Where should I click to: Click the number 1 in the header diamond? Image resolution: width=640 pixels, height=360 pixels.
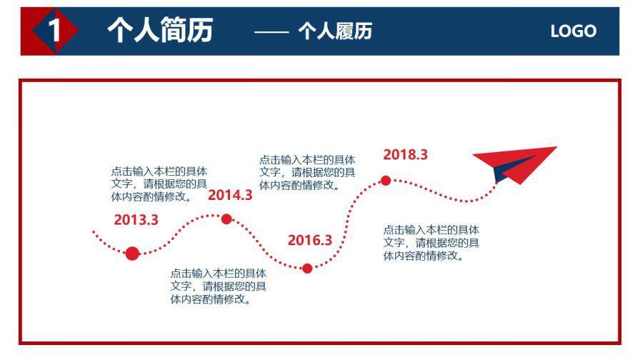click(x=53, y=31)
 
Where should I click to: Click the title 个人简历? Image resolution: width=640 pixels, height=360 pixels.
click(x=160, y=31)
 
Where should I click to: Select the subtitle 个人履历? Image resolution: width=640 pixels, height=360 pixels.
click(x=335, y=31)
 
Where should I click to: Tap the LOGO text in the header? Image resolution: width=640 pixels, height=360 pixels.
click(x=573, y=31)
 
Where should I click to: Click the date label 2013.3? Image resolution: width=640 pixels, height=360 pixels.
click(x=136, y=220)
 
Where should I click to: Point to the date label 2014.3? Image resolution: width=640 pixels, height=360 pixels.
click(x=230, y=195)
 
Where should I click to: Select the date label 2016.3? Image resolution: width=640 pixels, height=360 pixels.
click(x=310, y=240)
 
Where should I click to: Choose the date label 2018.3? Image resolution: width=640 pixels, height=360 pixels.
click(x=405, y=154)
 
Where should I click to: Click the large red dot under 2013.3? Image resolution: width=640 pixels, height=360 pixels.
click(x=132, y=253)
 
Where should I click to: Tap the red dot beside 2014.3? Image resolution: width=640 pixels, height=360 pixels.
click(x=226, y=219)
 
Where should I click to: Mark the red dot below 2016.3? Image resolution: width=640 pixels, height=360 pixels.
click(x=307, y=269)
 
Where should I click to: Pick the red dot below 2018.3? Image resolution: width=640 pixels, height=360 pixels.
click(x=386, y=181)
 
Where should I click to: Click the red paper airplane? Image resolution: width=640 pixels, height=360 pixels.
click(x=517, y=164)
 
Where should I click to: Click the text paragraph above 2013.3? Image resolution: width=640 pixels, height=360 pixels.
click(x=159, y=184)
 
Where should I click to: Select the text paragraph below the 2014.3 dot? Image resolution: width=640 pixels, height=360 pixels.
click(x=218, y=286)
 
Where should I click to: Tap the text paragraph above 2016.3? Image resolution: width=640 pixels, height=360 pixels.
click(x=306, y=172)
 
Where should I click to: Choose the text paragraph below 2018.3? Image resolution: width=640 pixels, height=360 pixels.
click(x=431, y=243)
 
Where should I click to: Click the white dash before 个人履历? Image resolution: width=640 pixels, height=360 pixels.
click(x=271, y=31)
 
